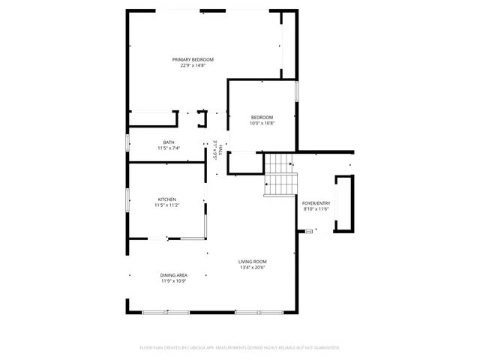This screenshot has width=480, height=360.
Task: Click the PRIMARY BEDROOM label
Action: coord(193,59)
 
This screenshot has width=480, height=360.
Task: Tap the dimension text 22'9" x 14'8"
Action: coord(193,65)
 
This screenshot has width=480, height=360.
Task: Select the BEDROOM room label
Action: coord(262,117)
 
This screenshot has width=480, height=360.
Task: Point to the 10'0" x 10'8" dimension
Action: coord(262,123)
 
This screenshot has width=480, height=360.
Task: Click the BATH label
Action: coord(169,142)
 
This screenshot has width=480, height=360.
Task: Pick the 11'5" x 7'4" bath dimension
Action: coord(169,148)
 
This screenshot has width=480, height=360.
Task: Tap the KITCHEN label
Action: coord(166,199)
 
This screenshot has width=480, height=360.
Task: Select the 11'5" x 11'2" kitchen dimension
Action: coord(166,205)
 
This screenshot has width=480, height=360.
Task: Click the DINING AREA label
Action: coord(173,275)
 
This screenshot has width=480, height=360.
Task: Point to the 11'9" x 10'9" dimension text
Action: coord(173,281)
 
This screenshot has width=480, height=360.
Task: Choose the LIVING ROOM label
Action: coord(253,261)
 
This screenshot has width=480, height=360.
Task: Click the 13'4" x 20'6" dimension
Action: coord(253,268)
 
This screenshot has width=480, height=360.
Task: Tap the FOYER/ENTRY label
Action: coord(316,203)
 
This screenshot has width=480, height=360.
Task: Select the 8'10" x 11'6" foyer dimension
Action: coord(316,209)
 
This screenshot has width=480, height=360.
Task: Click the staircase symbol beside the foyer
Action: coord(281,175)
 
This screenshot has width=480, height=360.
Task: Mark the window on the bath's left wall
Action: coord(127,143)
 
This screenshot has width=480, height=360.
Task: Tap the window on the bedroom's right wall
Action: coord(297,91)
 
